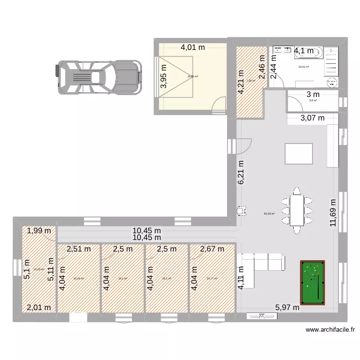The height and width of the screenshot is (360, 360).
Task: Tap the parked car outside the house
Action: point(98,77)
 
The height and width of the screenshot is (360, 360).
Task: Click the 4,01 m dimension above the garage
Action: point(192,48)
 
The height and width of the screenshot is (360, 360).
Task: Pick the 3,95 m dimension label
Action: point(164,76)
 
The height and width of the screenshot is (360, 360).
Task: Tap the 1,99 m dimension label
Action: point(39,231)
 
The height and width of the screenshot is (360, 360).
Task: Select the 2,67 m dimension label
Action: point(212,249)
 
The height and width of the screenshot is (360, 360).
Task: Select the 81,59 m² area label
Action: point(270,214)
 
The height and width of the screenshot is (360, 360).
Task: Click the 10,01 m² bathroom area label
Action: point(303,67)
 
